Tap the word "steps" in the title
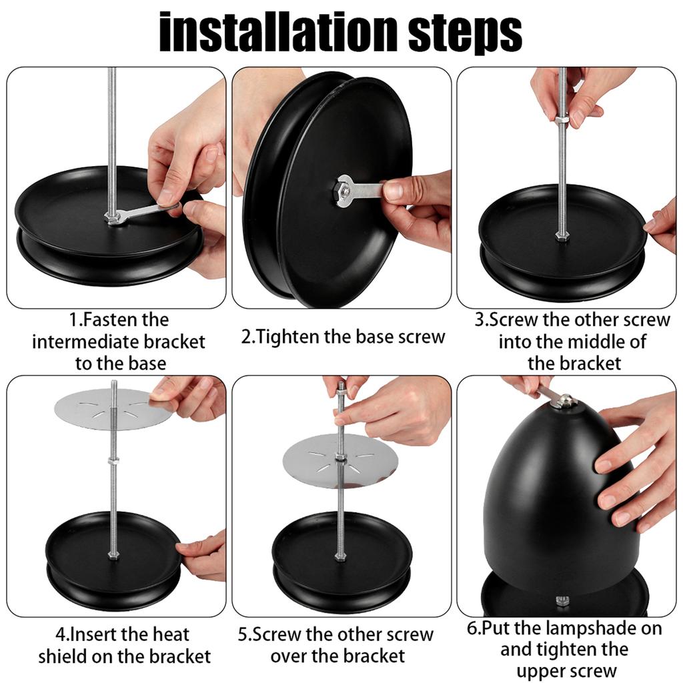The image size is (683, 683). (465, 34)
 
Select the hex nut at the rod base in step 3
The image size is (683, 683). (562, 237)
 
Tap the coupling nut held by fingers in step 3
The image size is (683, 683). (562, 119)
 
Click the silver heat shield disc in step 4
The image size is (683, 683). (113, 408)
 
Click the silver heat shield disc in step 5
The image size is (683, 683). (339, 461)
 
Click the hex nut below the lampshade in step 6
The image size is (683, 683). (562, 601)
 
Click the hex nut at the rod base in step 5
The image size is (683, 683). (339, 557)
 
